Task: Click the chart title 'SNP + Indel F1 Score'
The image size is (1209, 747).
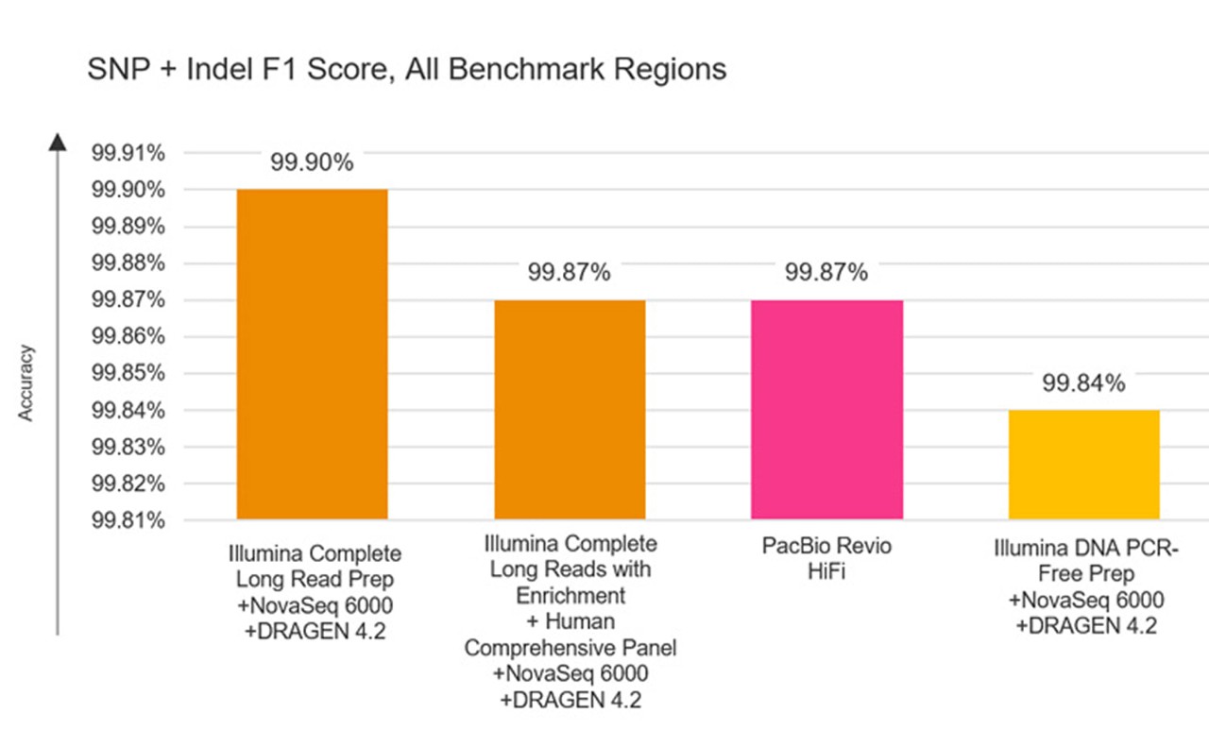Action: (406, 70)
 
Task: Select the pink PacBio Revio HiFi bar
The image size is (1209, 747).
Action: (826, 409)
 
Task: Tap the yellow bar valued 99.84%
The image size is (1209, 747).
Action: (1083, 465)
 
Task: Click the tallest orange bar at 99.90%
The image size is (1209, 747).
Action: (312, 354)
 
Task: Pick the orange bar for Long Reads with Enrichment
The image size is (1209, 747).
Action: (570, 409)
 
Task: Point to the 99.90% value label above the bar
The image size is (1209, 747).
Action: (312, 162)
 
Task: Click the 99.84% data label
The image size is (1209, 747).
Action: (1083, 383)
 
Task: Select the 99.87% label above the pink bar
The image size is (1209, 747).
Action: (826, 273)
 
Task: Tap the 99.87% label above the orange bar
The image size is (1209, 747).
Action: (570, 273)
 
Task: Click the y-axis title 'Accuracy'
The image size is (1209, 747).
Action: (26, 382)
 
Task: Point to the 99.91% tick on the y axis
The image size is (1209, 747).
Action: (128, 154)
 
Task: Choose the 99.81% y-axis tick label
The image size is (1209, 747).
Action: (128, 520)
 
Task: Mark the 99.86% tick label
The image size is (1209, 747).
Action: (128, 337)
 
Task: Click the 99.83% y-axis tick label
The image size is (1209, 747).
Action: (128, 447)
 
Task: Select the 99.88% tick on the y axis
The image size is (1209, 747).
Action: (128, 263)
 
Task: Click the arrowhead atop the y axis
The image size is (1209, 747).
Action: (58, 141)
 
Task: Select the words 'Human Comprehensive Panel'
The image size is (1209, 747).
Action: (570, 636)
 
